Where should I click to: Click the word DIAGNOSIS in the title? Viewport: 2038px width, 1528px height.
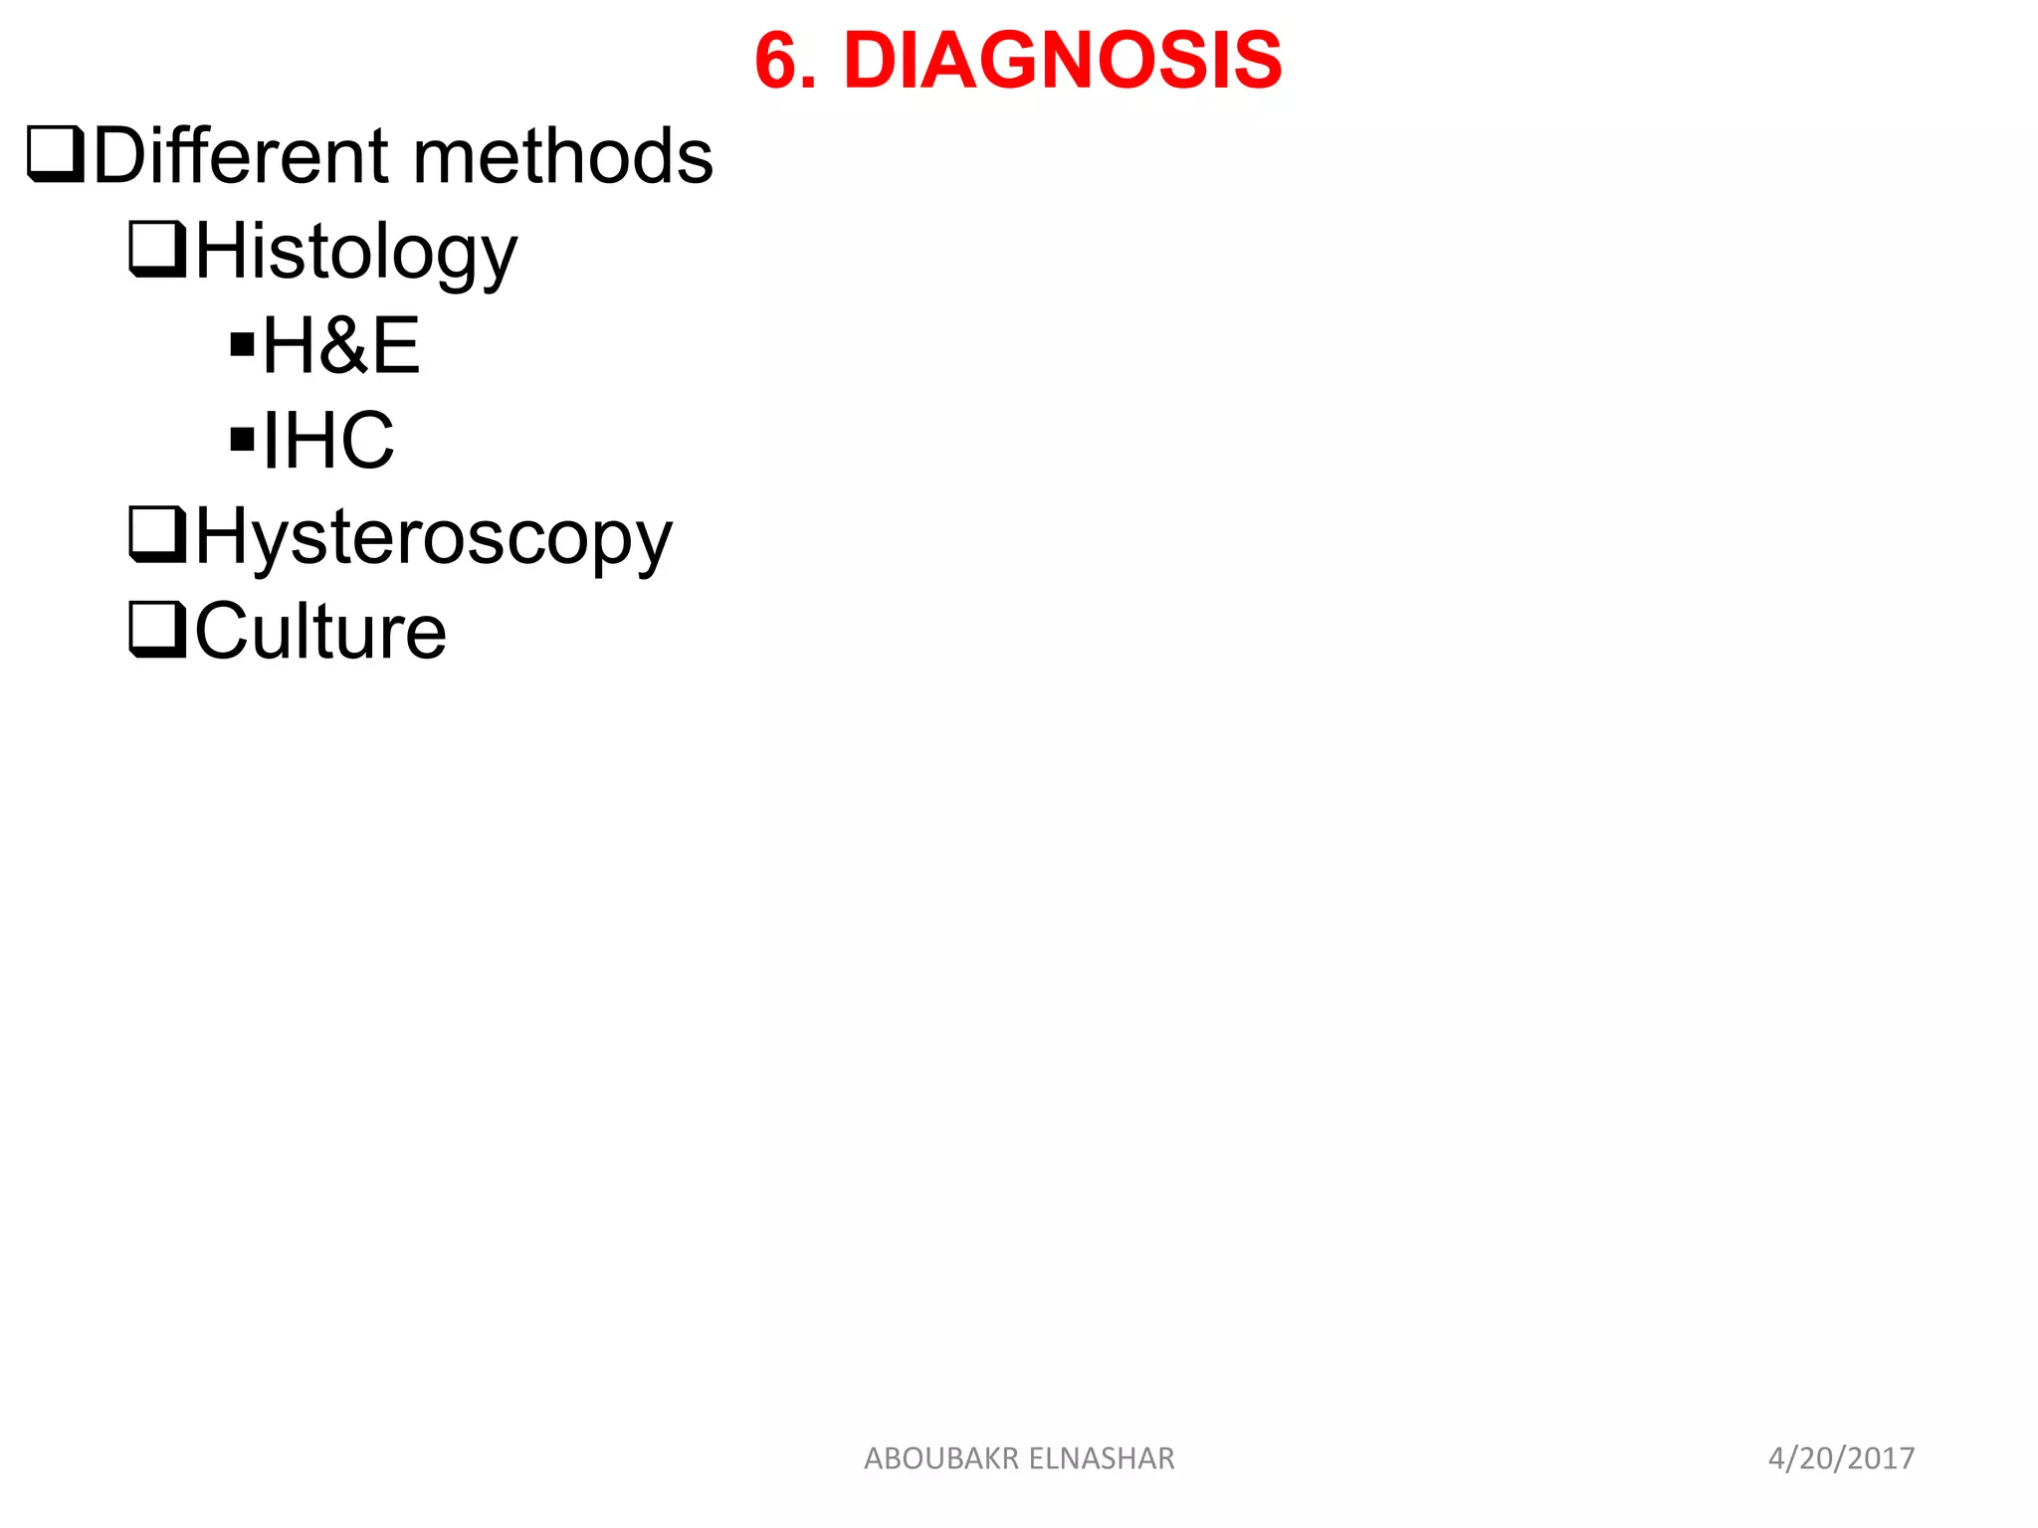point(1062,61)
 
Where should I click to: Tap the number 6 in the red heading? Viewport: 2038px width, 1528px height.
point(777,61)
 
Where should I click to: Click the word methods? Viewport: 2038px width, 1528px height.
point(562,156)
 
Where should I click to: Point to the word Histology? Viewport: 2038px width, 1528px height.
point(355,252)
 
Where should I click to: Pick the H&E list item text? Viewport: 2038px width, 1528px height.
point(340,346)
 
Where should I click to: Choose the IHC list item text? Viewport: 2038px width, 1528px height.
point(327,441)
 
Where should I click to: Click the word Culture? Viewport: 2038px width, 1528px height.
point(319,632)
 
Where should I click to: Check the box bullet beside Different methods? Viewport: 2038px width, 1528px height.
point(56,154)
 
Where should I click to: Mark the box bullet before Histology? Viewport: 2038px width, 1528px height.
point(157,249)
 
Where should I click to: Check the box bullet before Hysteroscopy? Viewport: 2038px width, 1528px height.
point(157,535)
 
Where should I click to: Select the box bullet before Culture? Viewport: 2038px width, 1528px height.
point(157,630)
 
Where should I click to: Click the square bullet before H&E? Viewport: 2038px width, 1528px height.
point(242,345)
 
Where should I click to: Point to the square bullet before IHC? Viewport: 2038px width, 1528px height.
point(242,440)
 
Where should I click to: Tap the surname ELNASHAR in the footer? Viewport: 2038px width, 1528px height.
point(1102,1458)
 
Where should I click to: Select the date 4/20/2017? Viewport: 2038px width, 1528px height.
point(1841,1458)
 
